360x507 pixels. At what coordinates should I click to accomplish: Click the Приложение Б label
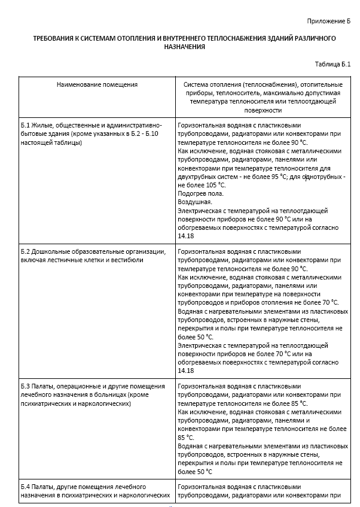click(328, 22)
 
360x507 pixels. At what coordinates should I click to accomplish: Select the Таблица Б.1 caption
click(332, 64)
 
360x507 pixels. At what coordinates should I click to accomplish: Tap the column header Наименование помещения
click(97, 84)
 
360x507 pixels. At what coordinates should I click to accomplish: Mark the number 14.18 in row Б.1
click(185, 236)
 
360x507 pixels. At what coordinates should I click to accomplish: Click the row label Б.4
click(25, 487)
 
